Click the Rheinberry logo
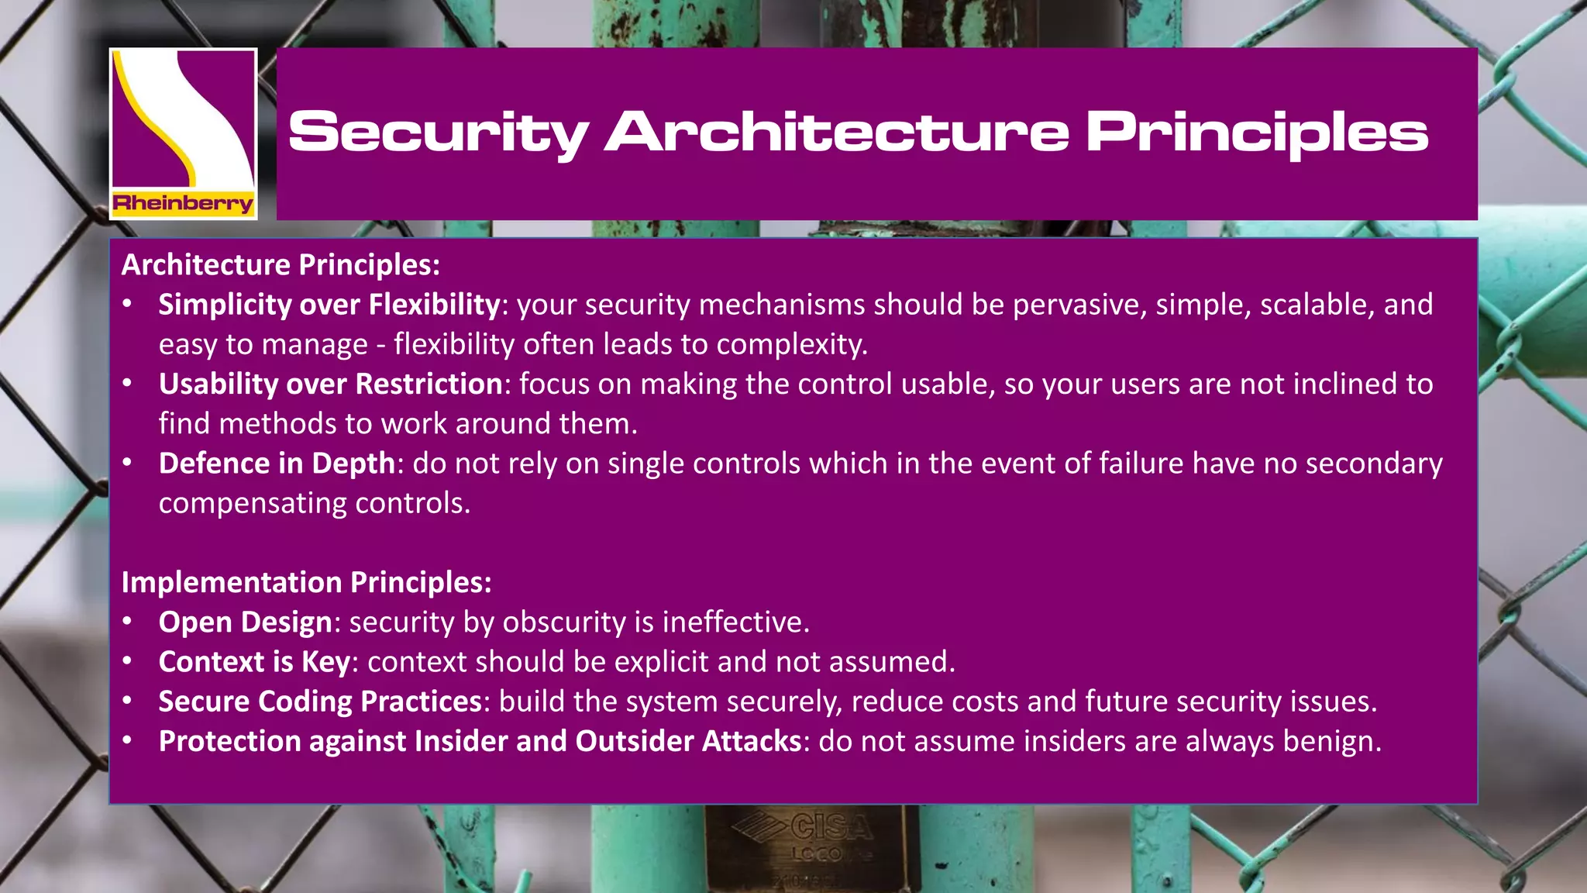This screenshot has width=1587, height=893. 183,133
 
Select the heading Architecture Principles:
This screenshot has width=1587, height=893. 281,265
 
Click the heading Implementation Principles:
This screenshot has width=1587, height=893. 306,582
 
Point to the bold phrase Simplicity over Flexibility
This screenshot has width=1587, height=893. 329,305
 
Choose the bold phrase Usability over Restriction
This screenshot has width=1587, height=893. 331,384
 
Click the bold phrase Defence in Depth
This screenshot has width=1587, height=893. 277,464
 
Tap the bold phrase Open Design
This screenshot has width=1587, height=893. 245,622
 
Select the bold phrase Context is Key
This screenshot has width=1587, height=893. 254,662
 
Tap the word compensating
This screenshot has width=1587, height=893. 252,504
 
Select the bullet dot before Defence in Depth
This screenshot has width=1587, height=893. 128,464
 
